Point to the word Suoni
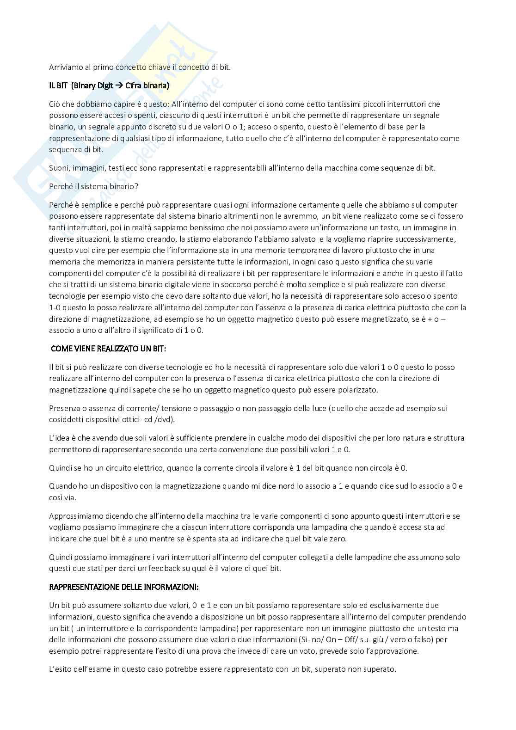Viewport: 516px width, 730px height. (59, 168)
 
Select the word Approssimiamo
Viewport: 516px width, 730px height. (74, 516)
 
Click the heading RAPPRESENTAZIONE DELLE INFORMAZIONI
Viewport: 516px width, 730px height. (124, 587)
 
